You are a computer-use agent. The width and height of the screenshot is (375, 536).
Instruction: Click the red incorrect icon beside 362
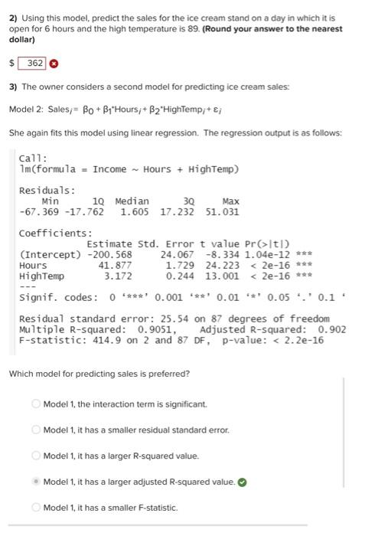pos(54,63)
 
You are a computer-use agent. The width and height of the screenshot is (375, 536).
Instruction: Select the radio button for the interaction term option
pos(35,404)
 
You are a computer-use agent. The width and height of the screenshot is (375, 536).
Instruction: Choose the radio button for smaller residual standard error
pos(35,430)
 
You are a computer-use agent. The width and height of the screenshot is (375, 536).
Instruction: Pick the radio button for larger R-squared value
pos(35,456)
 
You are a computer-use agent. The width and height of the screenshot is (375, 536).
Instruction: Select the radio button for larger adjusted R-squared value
pos(35,482)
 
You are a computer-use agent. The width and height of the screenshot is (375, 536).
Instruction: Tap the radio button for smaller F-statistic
pos(35,508)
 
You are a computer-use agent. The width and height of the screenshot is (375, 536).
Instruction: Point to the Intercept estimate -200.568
pos(109,254)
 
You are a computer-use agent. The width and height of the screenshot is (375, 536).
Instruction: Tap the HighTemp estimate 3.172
pos(119,276)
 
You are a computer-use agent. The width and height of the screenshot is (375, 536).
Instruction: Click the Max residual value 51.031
pos(223,211)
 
